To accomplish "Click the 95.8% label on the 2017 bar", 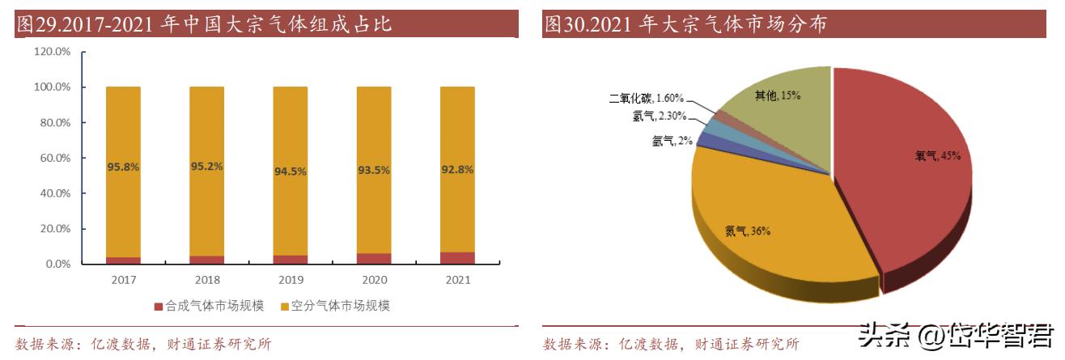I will [x=123, y=167].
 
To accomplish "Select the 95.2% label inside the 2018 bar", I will [x=206, y=167].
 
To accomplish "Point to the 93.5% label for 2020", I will [x=374, y=170].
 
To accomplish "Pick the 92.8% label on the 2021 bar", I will [x=457, y=170].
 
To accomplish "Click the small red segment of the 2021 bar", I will [x=457, y=258].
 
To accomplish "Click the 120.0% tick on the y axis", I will [x=53, y=52].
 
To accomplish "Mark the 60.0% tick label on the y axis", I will [x=55, y=158].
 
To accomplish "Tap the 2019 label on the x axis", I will [x=290, y=280].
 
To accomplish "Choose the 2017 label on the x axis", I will [x=123, y=280].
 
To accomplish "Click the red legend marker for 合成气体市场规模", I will [x=159, y=307].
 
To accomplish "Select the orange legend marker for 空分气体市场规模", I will [x=285, y=307].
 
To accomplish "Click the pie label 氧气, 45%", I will [x=937, y=155].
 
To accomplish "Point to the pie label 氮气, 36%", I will [x=747, y=231].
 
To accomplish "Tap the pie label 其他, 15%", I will [x=777, y=95].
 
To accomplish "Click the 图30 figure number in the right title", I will [x=563, y=24].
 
